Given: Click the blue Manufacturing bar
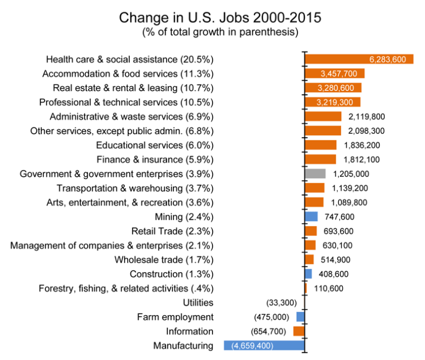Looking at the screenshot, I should coord(264,346).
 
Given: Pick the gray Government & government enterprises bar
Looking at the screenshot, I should coord(315,173).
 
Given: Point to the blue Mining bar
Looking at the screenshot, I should coord(311,216).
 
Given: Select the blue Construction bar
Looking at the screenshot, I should coord(308,274).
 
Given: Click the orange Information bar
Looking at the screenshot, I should coord(299,331).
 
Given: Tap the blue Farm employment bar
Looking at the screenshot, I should coord(300,317).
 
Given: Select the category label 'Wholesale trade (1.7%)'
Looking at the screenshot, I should coord(164,260).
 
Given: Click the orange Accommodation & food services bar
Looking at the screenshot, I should coord(335,73).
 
